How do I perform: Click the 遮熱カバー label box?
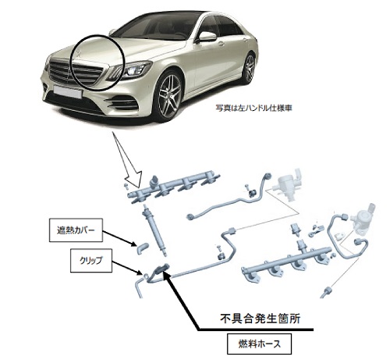coord(76,230)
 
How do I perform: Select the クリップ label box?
coord(91,261)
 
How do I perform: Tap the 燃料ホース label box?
coord(259,344)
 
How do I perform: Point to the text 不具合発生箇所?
coord(261,319)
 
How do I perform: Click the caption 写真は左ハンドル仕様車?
coord(253,108)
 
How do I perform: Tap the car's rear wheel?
coord(249,67)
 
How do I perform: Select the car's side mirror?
coord(207,37)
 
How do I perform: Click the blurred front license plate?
coord(68,91)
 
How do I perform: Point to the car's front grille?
coord(76,72)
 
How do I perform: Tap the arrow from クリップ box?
coord(127,268)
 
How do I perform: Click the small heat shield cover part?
coord(143,248)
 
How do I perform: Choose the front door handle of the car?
coord(221,44)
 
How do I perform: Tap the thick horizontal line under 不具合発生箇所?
coord(256,330)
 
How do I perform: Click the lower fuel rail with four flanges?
coord(286,263)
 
